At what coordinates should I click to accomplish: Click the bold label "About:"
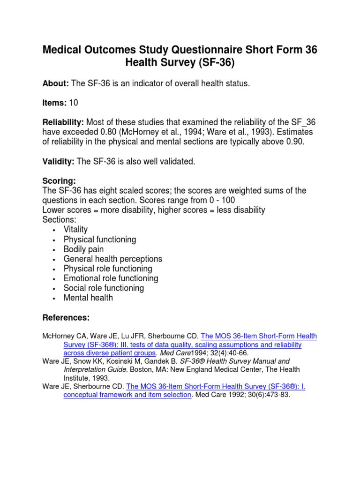click(56, 83)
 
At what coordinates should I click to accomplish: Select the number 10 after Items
click(74, 103)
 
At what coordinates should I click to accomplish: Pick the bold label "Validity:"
click(58, 161)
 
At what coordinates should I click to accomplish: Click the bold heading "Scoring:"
click(59, 181)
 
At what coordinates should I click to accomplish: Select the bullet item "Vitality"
click(75, 230)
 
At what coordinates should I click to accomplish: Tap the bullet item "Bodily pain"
click(83, 249)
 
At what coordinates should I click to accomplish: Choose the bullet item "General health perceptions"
click(112, 259)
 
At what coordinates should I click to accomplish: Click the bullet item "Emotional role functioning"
click(111, 278)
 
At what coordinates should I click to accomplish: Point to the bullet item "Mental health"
click(88, 298)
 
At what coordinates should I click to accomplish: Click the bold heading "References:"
click(66, 318)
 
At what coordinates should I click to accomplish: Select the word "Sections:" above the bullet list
click(59, 220)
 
